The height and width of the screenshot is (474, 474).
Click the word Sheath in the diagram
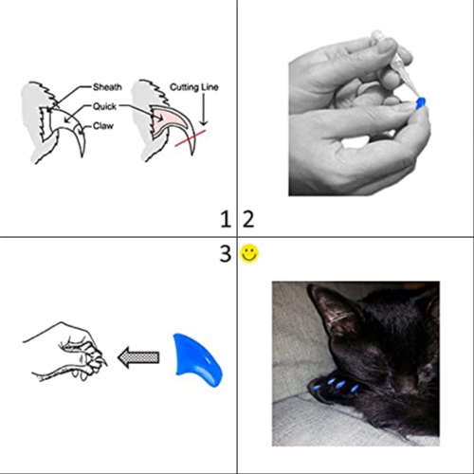click(107, 87)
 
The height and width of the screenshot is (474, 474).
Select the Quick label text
click(105, 107)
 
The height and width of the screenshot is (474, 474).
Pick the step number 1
click(225, 221)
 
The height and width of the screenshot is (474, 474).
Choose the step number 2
click(248, 221)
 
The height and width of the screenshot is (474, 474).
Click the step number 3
click(225, 254)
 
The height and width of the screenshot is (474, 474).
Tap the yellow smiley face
click(249, 253)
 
